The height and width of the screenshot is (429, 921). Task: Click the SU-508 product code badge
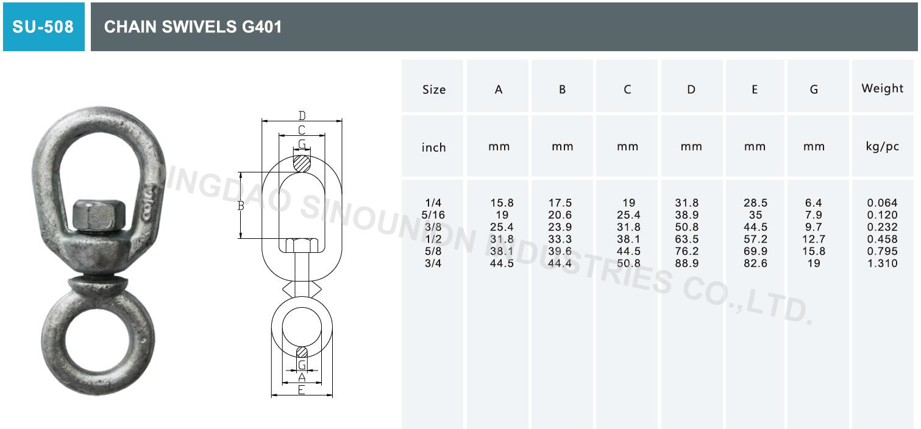click(x=43, y=27)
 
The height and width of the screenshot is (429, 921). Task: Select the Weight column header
click(x=882, y=88)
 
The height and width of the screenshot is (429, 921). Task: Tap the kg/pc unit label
click(x=882, y=147)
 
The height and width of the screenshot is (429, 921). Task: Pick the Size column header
click(x=434, y=90)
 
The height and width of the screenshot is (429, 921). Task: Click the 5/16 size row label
click(x=434, y=215)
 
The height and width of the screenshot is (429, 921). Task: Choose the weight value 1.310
click(x=882, y=264)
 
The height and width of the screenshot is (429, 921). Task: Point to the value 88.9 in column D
click(x=687, y=264)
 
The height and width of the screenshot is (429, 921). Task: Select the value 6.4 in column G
click(x=814, y=203)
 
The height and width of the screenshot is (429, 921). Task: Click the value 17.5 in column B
click(x=562, y=203)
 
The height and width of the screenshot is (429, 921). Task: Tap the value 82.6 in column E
click(x=755, y=264)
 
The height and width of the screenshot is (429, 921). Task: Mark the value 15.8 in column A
click(x=502, y=203)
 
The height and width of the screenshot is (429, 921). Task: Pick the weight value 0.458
click(x=882, y=239)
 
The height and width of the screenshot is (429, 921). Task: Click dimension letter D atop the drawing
click(x=302, y=116)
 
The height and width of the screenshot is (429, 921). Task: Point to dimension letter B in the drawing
click(x=241, y=206)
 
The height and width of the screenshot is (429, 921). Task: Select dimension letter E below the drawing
click(x=301, y=391)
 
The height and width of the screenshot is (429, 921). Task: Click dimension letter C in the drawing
click(x=301, y=130)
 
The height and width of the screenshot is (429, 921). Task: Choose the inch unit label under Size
click(x=434, y=147)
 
